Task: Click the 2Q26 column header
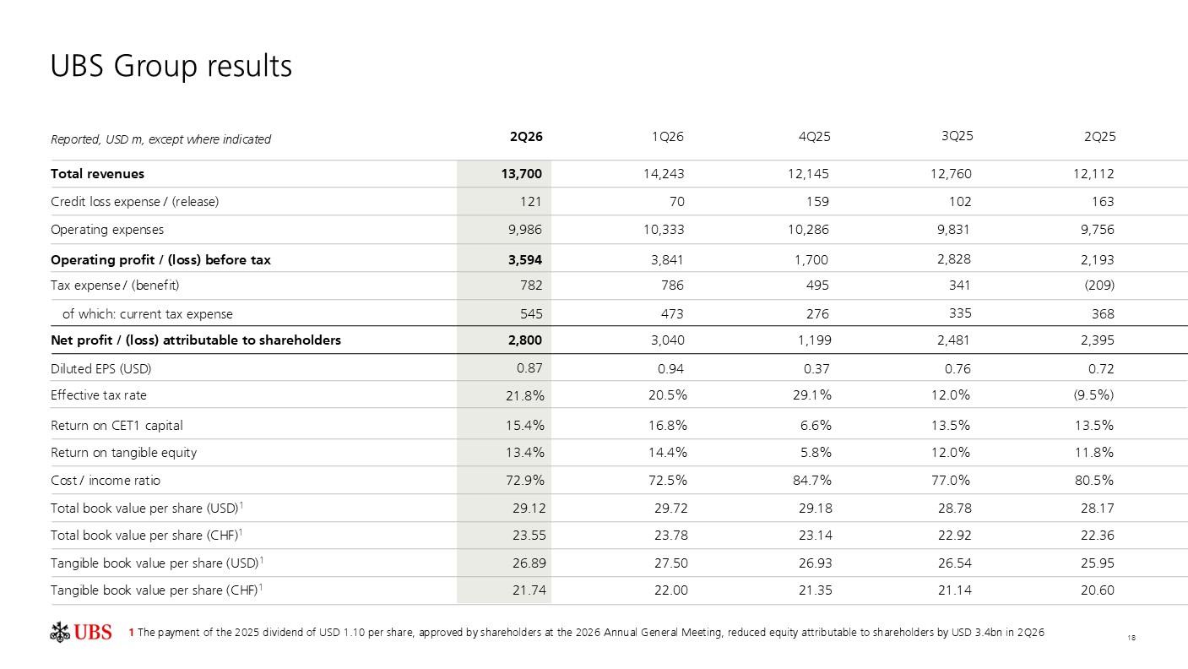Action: [x=526, y=137]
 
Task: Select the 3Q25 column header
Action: [x=957, y=136]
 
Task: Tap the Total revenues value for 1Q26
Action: [x=664, y=174]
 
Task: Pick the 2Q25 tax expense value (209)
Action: [x=1098, y=286]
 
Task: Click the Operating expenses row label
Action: [x=107, y=230]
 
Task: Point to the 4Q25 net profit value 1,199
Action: [x=815, y=340]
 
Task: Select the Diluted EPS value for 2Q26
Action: [x=529, y=368]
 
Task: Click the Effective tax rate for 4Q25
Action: [x=812, y=395]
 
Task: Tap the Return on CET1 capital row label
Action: [x=117, y=426]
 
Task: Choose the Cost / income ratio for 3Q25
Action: [x=951, y=481]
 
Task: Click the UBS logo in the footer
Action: [x=80, y=632]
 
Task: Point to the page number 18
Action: [x=1131, y=638]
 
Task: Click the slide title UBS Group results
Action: [x=171, y=66]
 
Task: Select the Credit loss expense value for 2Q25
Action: [x=1103, y=202]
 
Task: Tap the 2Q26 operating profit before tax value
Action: [x=525, y=260]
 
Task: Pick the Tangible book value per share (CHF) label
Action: [x=157, y=590]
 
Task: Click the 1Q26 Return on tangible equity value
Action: [x=668, y=453]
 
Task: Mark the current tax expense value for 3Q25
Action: [x=961, y=313]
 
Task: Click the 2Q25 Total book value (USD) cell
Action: [x=1098, y=509]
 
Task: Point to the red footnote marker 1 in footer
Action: [x=131, y=633]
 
